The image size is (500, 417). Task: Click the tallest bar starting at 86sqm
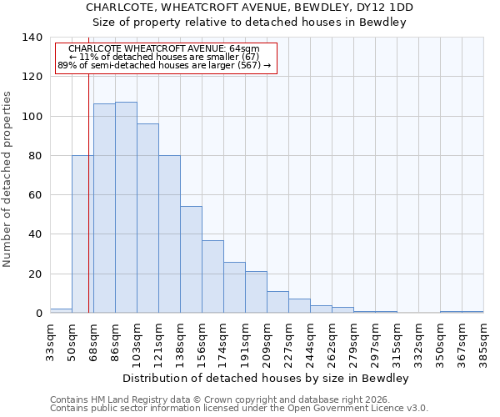[x=126, y=208]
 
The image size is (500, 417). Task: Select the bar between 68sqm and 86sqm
[x=104, y=208]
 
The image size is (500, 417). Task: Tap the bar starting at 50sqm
[x=82, y=234]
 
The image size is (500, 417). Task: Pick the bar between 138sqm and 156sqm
[x=191, y=259]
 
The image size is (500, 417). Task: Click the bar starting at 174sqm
[x=234, y=288]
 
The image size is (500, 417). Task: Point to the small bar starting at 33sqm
[x=61, y=310]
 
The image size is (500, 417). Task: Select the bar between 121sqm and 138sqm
[x=169, y=234]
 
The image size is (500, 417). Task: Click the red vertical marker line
[x=88, y=167]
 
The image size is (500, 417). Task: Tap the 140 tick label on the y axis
[x=32, y=38]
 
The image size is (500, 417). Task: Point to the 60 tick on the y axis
[x=35, y=195]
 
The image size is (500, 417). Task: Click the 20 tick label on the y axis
[x=35, y=274]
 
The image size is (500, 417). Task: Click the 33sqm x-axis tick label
[x=50, y=338]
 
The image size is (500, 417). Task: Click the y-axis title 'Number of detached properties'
[x=7, y=179]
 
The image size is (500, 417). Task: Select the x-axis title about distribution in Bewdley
[x=266, y=379]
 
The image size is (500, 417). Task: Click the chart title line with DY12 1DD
[x=249, y=7]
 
